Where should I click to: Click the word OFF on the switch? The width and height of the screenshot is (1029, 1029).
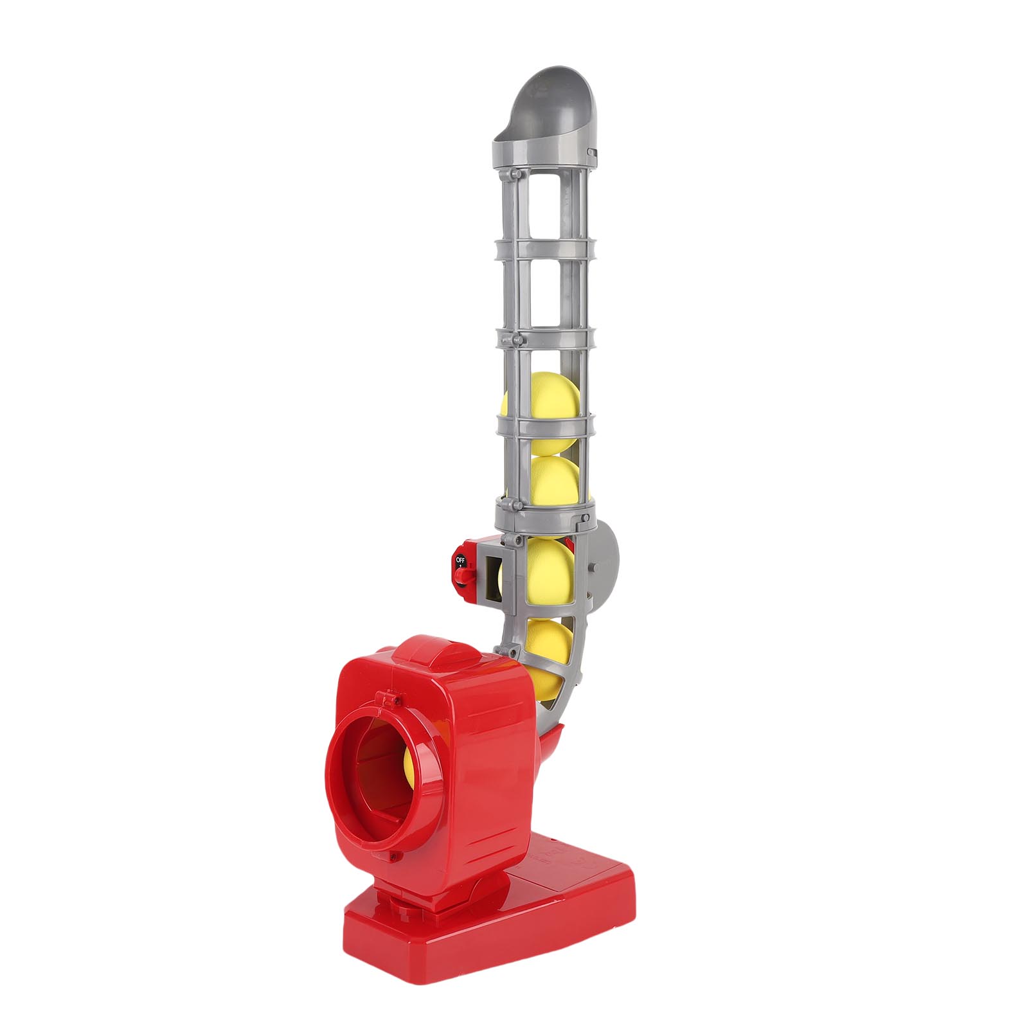point(460,559)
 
